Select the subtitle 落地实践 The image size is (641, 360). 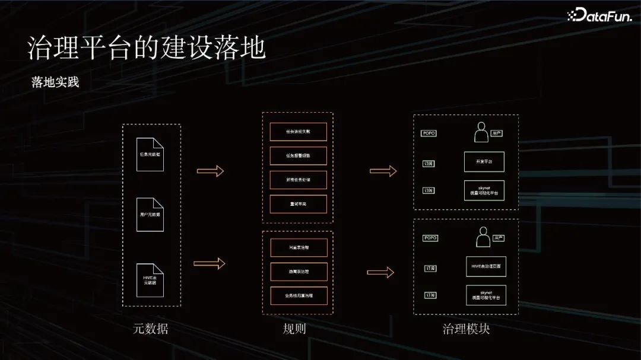55,82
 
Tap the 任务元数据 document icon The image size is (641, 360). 150,154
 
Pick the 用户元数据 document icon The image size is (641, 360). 150,214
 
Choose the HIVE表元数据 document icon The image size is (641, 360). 150,280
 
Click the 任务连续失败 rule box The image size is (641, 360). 298,132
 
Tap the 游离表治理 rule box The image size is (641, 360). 299,272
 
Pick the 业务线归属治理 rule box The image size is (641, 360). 299,295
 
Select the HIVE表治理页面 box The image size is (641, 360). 485,267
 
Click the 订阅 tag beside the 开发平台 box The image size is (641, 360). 429,163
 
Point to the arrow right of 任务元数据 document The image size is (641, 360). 211,171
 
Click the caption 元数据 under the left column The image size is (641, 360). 150,329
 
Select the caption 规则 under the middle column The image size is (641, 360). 294,329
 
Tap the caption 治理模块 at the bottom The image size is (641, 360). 466,329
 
